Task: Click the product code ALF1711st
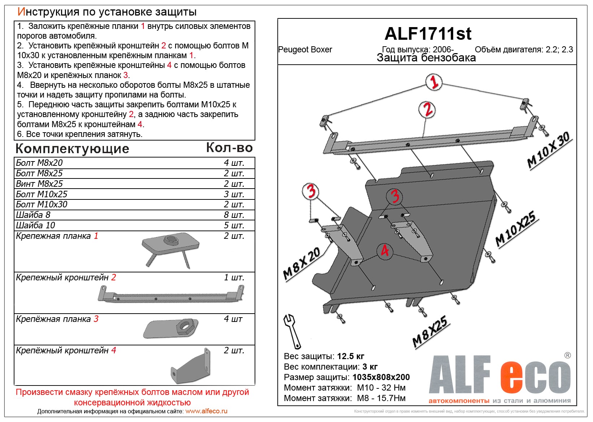click(428, 34)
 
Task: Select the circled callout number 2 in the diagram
click(427, 109)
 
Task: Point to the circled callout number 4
click(385, 250)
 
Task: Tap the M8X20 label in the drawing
click(302, 264)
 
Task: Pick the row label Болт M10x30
click(42, 204)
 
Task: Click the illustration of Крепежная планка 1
click(170, 249)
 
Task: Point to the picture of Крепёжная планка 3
click(170, 328)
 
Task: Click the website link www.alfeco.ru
click(206, 412)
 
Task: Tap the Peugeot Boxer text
click(305, 50)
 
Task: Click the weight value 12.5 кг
click(350, 357)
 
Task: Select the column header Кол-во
click(229, 148)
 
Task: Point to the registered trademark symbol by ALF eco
click(567, 356)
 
